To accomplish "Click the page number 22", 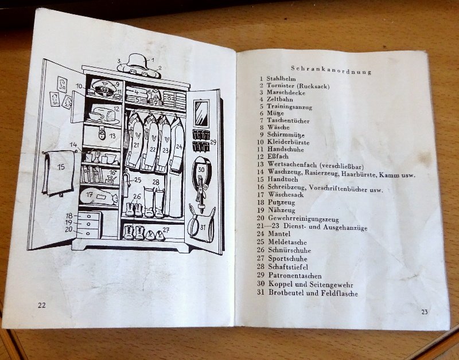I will (x=41, y=305).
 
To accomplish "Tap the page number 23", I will (x=425, y=311).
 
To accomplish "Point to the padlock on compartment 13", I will (x=101, y=136).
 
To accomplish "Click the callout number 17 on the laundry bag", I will (x=90, y=194).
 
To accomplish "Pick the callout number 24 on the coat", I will (x=179, y=147).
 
